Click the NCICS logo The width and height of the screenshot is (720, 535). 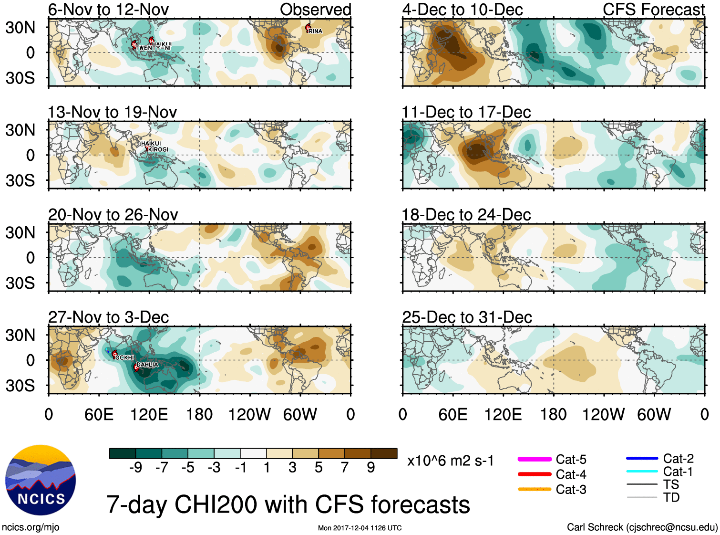click(41, 480)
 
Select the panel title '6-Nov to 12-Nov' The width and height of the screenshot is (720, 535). click(108, 10)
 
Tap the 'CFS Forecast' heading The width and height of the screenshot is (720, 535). click(653, 10)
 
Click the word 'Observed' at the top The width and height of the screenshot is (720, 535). click(315, 10)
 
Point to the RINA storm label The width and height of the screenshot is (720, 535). click(315, 31)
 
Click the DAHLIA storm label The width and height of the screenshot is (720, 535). click(147, 365)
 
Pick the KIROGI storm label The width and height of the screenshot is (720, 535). click(158, 150)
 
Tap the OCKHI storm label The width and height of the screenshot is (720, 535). click(125, 357)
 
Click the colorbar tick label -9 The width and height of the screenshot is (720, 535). click(136, 467)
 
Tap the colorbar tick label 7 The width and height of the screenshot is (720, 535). click(345, 467)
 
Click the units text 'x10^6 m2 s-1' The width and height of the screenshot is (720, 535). click(450, 461)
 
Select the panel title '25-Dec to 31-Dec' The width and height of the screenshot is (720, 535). click(467, 317)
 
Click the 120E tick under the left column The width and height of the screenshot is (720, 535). click(149, 414)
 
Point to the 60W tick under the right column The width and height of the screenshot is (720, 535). click(654, 414)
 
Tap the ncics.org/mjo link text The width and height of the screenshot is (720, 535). click(31, 527)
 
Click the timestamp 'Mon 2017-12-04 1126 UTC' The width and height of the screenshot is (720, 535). click(360, 528)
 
